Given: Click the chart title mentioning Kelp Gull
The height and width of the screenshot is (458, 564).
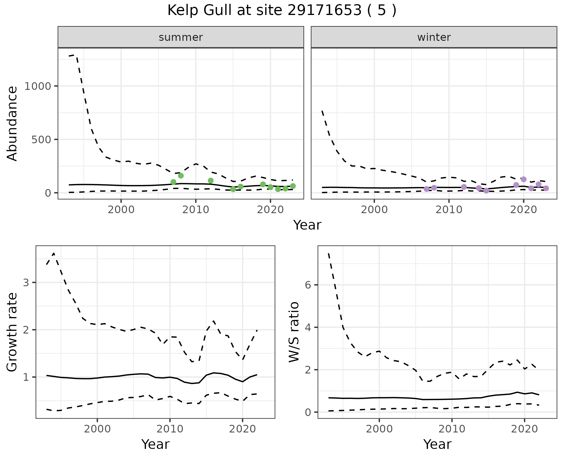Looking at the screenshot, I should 282,11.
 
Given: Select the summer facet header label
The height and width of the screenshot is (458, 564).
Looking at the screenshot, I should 181,37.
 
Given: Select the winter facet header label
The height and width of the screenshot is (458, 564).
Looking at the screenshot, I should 434,37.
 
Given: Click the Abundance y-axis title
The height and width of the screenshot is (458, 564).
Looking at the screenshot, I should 12,123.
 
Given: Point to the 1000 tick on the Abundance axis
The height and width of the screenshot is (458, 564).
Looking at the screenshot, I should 38,86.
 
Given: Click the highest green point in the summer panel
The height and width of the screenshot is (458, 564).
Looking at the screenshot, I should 181,176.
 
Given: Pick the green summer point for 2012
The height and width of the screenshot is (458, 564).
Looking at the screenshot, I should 211,181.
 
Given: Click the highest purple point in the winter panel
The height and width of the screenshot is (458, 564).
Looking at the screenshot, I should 523,179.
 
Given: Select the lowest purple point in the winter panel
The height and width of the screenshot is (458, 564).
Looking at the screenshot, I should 486,191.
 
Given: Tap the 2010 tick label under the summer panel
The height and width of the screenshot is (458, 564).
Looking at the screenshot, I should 195,210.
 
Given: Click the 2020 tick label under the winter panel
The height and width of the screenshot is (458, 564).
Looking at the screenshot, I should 523,210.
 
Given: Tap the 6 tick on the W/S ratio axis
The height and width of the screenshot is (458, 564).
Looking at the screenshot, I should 308,285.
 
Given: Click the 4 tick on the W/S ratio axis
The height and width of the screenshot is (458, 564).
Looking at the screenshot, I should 308,327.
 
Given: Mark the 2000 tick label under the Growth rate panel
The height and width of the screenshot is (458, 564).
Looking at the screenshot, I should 97,429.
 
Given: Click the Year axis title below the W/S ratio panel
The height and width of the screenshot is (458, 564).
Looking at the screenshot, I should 437,444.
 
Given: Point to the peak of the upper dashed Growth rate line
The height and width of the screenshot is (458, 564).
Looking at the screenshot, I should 54,253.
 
